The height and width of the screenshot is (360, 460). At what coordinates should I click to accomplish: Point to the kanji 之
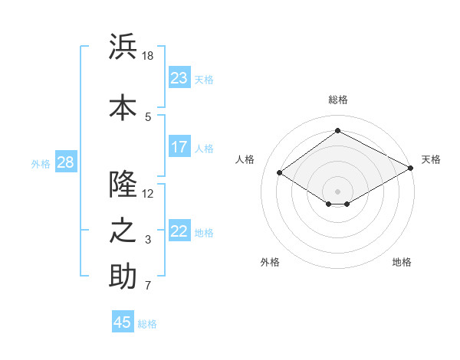123,231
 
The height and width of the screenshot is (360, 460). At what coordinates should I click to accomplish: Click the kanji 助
123,277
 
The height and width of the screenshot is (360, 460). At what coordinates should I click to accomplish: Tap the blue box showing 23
179,78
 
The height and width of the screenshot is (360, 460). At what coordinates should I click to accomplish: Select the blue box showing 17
179,147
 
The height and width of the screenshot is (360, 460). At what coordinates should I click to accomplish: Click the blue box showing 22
179,231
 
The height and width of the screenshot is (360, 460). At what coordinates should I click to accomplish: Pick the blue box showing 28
65,162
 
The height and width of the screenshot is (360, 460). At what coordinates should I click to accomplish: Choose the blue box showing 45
123,322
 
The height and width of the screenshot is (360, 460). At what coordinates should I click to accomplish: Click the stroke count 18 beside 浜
148,56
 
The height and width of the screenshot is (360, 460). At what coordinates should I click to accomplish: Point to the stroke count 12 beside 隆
148,193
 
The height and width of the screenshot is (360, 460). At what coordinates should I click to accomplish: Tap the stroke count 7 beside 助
148,286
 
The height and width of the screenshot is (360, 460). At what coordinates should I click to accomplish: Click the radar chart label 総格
337,100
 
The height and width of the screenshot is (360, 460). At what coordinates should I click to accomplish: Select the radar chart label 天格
431,159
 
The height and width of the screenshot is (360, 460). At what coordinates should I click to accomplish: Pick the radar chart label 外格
270,262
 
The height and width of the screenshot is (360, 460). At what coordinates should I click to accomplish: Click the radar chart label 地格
402,262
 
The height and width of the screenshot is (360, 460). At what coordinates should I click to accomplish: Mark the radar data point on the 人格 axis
280,173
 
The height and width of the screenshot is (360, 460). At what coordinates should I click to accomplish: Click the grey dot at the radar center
337,191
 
